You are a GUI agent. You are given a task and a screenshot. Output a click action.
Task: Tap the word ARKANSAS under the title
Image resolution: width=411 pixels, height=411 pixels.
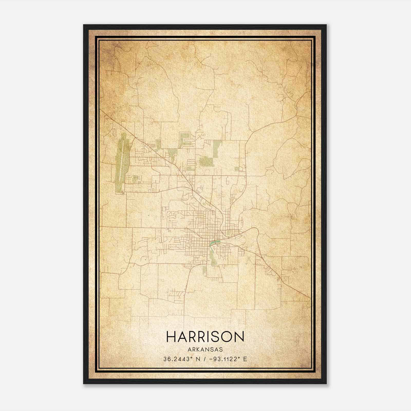click(x=205, y=350)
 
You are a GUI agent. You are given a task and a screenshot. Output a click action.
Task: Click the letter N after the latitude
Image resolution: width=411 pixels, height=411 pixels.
click(x=198, y=359)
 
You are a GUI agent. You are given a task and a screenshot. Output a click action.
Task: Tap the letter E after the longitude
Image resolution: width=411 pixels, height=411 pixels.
click(x=245, y=359)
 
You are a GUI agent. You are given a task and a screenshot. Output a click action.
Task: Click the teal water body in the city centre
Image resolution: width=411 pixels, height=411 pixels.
click(x=213, y=242)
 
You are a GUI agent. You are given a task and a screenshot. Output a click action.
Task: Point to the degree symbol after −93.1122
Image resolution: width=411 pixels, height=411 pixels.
click(x=240, y=358)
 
